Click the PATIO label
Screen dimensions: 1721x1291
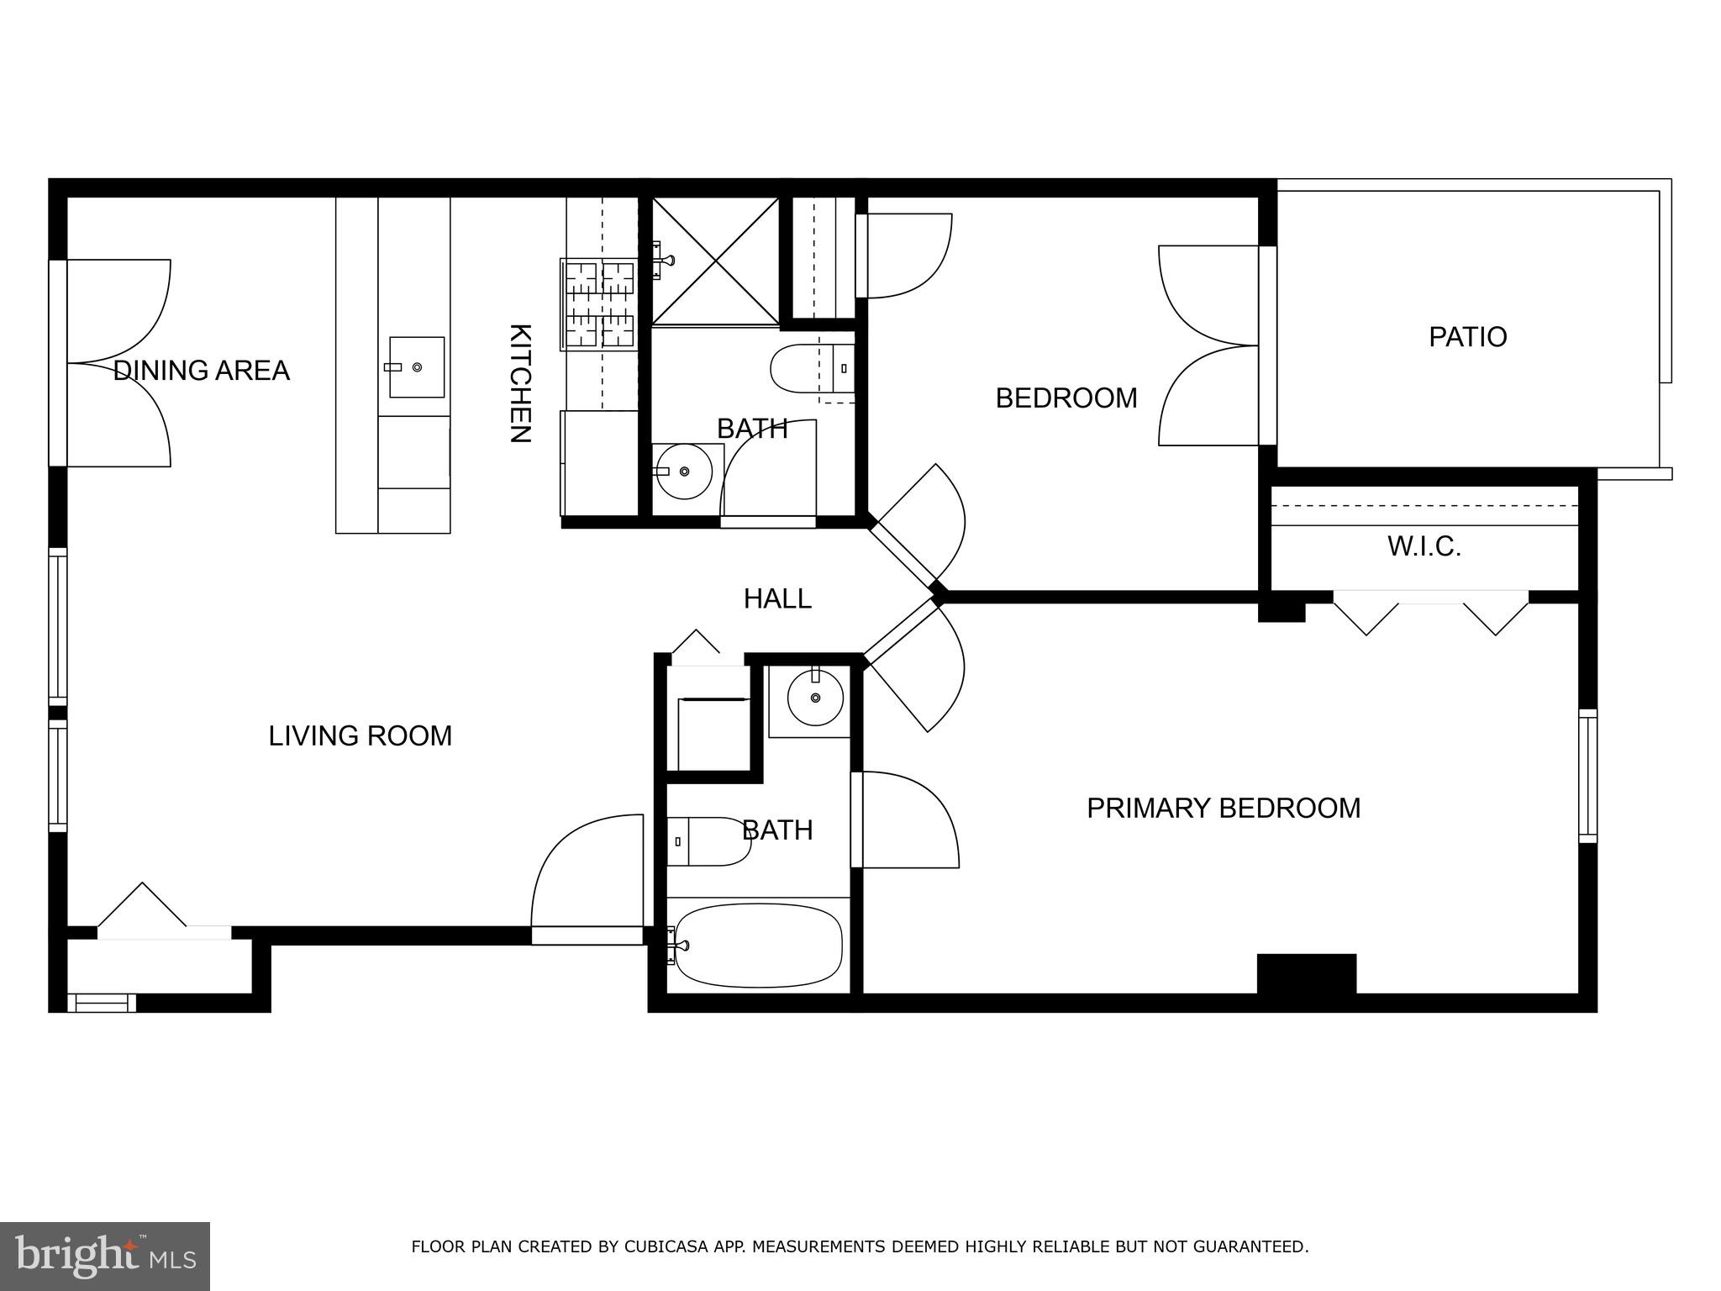pos(1467,337)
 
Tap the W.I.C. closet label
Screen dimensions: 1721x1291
pos(1424,547)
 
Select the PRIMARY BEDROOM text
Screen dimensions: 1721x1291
pos(1224,808)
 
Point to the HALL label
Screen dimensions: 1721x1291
pos(777,598)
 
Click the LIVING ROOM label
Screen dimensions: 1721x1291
pos(361,736)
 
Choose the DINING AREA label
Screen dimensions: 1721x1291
pos(202,371)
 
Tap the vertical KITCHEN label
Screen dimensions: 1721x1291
pos(520,383)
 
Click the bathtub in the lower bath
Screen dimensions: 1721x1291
pos(758,946)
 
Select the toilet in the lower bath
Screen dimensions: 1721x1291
pos(709,841)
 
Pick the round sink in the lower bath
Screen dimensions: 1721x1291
pos(815,697)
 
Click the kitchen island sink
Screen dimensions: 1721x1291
pos(417,367)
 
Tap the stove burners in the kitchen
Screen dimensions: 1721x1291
pos(599,303)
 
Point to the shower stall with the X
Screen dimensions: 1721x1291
pos(716,261)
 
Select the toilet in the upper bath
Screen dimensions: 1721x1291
pos(813,368)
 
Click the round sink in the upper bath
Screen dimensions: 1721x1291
pos(684,472)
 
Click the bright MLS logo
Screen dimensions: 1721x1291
pos(105,1256)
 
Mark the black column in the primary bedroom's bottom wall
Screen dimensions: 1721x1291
pos(1307,974)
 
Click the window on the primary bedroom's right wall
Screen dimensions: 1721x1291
pos(1587,776)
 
